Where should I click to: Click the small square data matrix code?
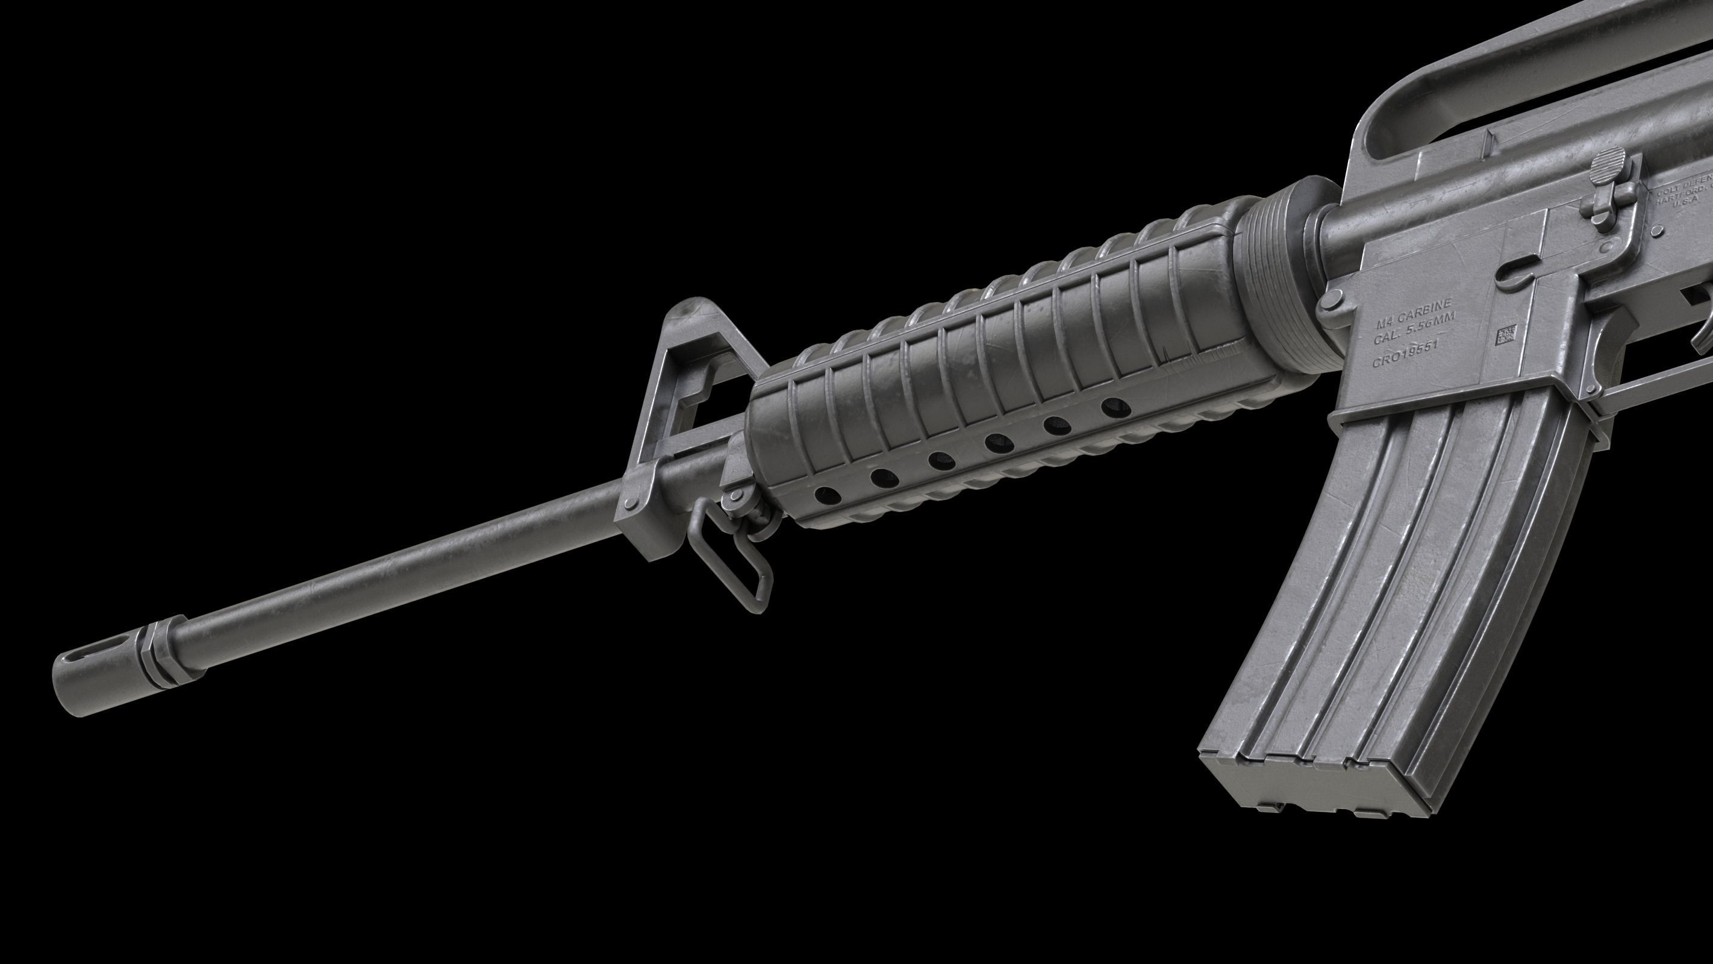pyautogui.click(x=1506, y=336)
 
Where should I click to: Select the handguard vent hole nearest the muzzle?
pyautogui.click(x=826, y=494)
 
